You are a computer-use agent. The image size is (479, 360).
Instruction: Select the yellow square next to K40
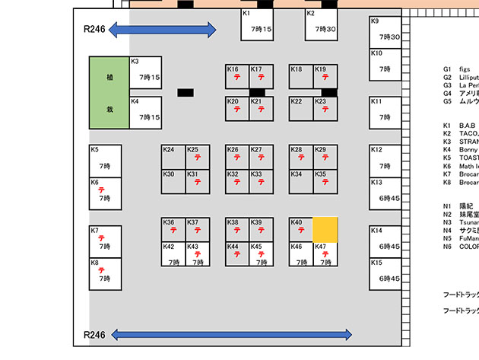tap(325, 229)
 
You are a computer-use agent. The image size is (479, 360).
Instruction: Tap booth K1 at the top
tap(256, 24)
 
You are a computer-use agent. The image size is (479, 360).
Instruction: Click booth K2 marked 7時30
tap(321, 24)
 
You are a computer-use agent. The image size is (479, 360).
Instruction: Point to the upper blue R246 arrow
tap(162, 30)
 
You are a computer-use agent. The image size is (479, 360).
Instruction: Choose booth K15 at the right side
tap(385, 273)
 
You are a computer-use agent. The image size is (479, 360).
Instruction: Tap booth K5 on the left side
tap(104, 161)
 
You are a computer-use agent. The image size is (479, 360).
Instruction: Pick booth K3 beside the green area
tap(145, 75)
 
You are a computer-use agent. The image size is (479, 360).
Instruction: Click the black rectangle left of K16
tap(186, 93)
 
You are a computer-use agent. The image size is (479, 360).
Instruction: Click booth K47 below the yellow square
tap(325, 253)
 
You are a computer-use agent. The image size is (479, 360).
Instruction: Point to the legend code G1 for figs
tap(447, 69)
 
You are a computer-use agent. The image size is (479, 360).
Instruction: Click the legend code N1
tap(447, 206)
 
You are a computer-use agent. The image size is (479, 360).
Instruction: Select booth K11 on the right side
tap(385, 112)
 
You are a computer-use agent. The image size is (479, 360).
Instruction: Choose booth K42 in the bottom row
tap(173, 253)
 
